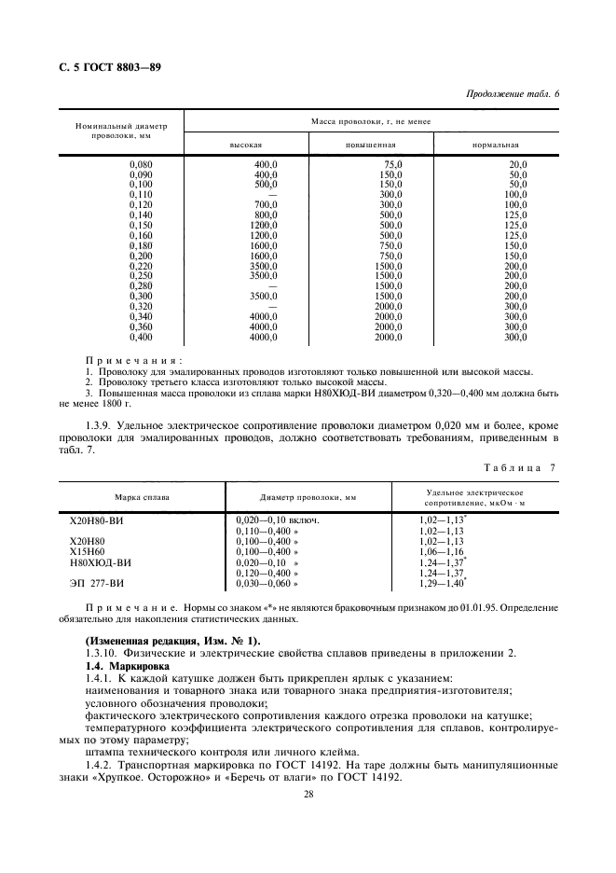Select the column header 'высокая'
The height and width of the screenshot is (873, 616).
(x=246, y=145)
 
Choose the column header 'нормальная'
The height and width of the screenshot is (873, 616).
(x=496, y=145)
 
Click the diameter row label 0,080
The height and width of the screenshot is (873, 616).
(x=138, y=165)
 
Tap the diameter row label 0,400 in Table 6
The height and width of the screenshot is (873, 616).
(x=138, y=336)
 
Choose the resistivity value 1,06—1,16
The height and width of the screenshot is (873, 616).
(x=442, y=551)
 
